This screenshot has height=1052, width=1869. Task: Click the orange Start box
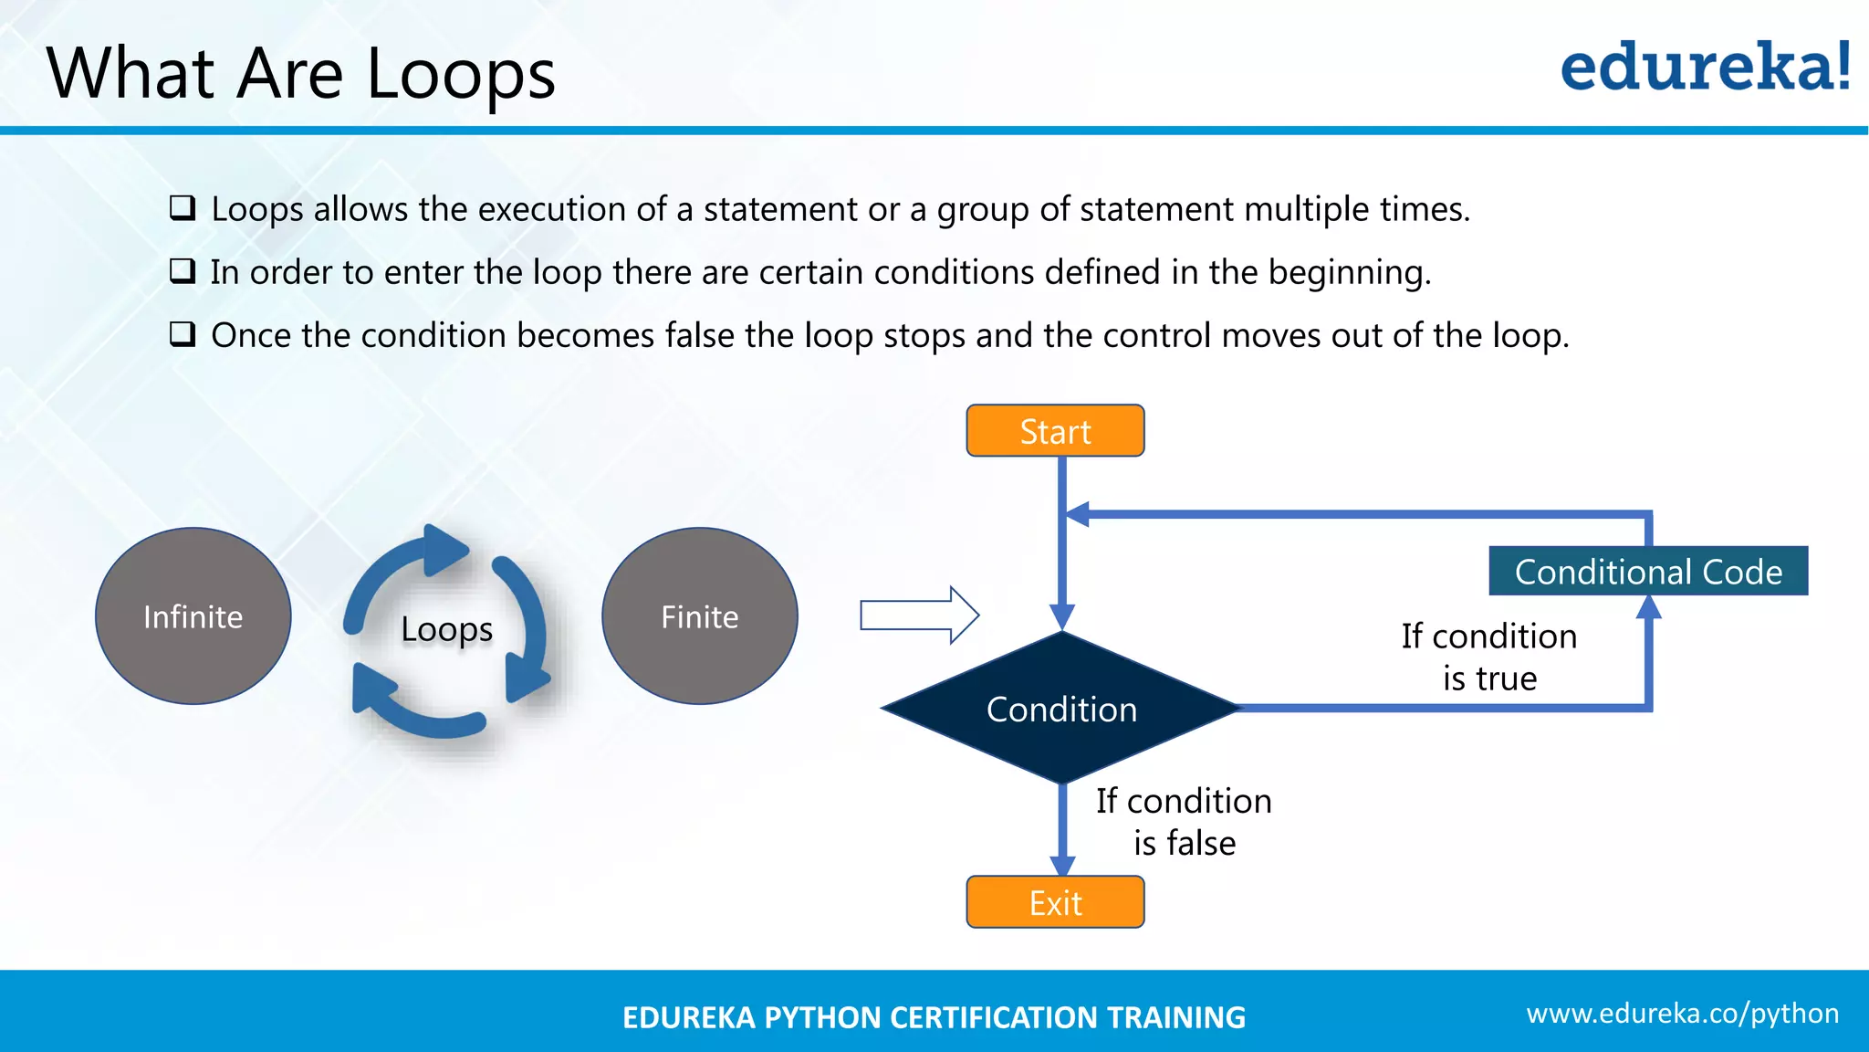pos(1055,431)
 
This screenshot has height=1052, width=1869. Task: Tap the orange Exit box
pos(1055,902)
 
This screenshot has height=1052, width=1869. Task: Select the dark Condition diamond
pos(1061,709)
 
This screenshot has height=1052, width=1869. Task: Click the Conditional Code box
pos(1648,572)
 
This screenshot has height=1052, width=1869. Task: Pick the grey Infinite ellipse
pos(193,616)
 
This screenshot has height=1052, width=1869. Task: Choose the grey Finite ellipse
pos(700,616)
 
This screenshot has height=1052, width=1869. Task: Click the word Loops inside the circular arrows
pos(446,629)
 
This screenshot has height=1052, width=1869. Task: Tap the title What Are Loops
pos(301,73)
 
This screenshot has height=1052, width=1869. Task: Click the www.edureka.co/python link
pos(1682,1013)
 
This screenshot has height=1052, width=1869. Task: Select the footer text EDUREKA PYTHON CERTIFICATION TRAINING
pos(934,1017)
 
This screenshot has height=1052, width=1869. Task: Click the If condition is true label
pos(1489,657)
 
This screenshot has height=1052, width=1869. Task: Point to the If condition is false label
pos(1184,821)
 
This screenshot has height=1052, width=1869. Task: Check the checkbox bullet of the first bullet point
pos(183,208)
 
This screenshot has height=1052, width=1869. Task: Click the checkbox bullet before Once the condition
pos(183,334)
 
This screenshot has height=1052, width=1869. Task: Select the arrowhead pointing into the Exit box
pos(1062,865)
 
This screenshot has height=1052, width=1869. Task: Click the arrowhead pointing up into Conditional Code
pos(1648,607)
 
